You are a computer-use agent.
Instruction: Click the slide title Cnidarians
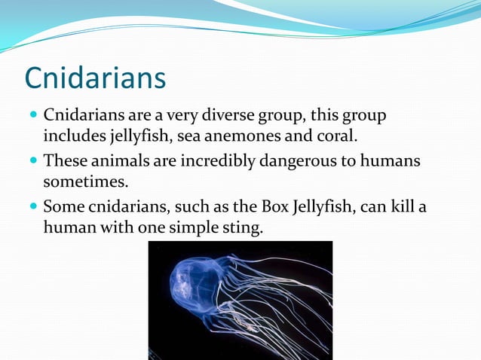pos(95,78)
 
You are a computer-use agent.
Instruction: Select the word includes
pos(72,138)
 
